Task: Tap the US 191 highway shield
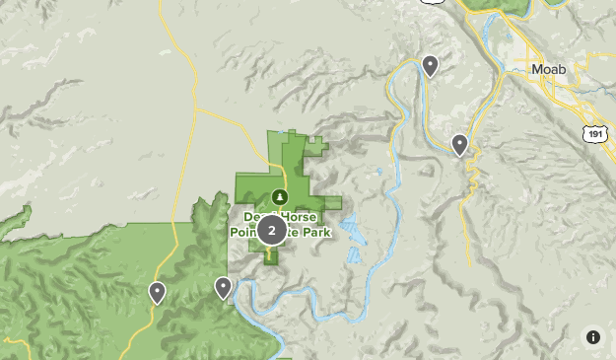[593, 132]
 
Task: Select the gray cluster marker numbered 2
[272, 231]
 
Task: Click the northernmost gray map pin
[430, 66]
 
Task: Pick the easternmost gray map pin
[459, 145]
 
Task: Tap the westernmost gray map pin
[157, 292]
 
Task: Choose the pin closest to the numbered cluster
[224, 288]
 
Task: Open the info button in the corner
[593, 337]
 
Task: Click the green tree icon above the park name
[280, 196]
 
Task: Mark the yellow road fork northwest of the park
[195, 109]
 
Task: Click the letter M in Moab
[536, 71]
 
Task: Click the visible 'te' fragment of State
[298, 232]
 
